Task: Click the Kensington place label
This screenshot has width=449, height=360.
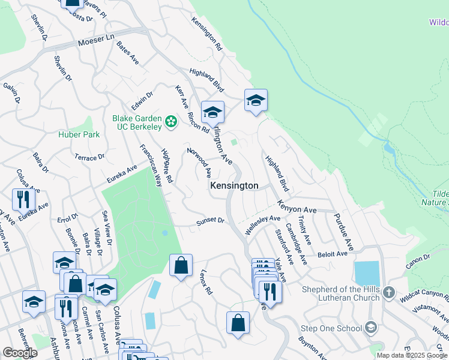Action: click(234, 186)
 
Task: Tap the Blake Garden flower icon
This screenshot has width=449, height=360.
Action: click(171, 122)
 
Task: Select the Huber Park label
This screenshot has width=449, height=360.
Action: click(79, 134)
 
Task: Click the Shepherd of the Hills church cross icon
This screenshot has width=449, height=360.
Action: click(389, 292)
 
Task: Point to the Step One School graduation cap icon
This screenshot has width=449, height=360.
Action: click(371, 328)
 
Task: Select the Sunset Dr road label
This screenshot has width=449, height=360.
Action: click(211, 221)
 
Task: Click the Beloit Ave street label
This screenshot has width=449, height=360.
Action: click(333, 254)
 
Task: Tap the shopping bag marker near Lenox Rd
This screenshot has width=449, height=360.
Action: click(181, 265)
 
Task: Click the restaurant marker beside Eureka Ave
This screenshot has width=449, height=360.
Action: click(23, 199)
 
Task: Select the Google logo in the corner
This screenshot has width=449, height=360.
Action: click(20, 353)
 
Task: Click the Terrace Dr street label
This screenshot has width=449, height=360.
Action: click(89, 157)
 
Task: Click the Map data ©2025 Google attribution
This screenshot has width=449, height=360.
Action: click(412, 355)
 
